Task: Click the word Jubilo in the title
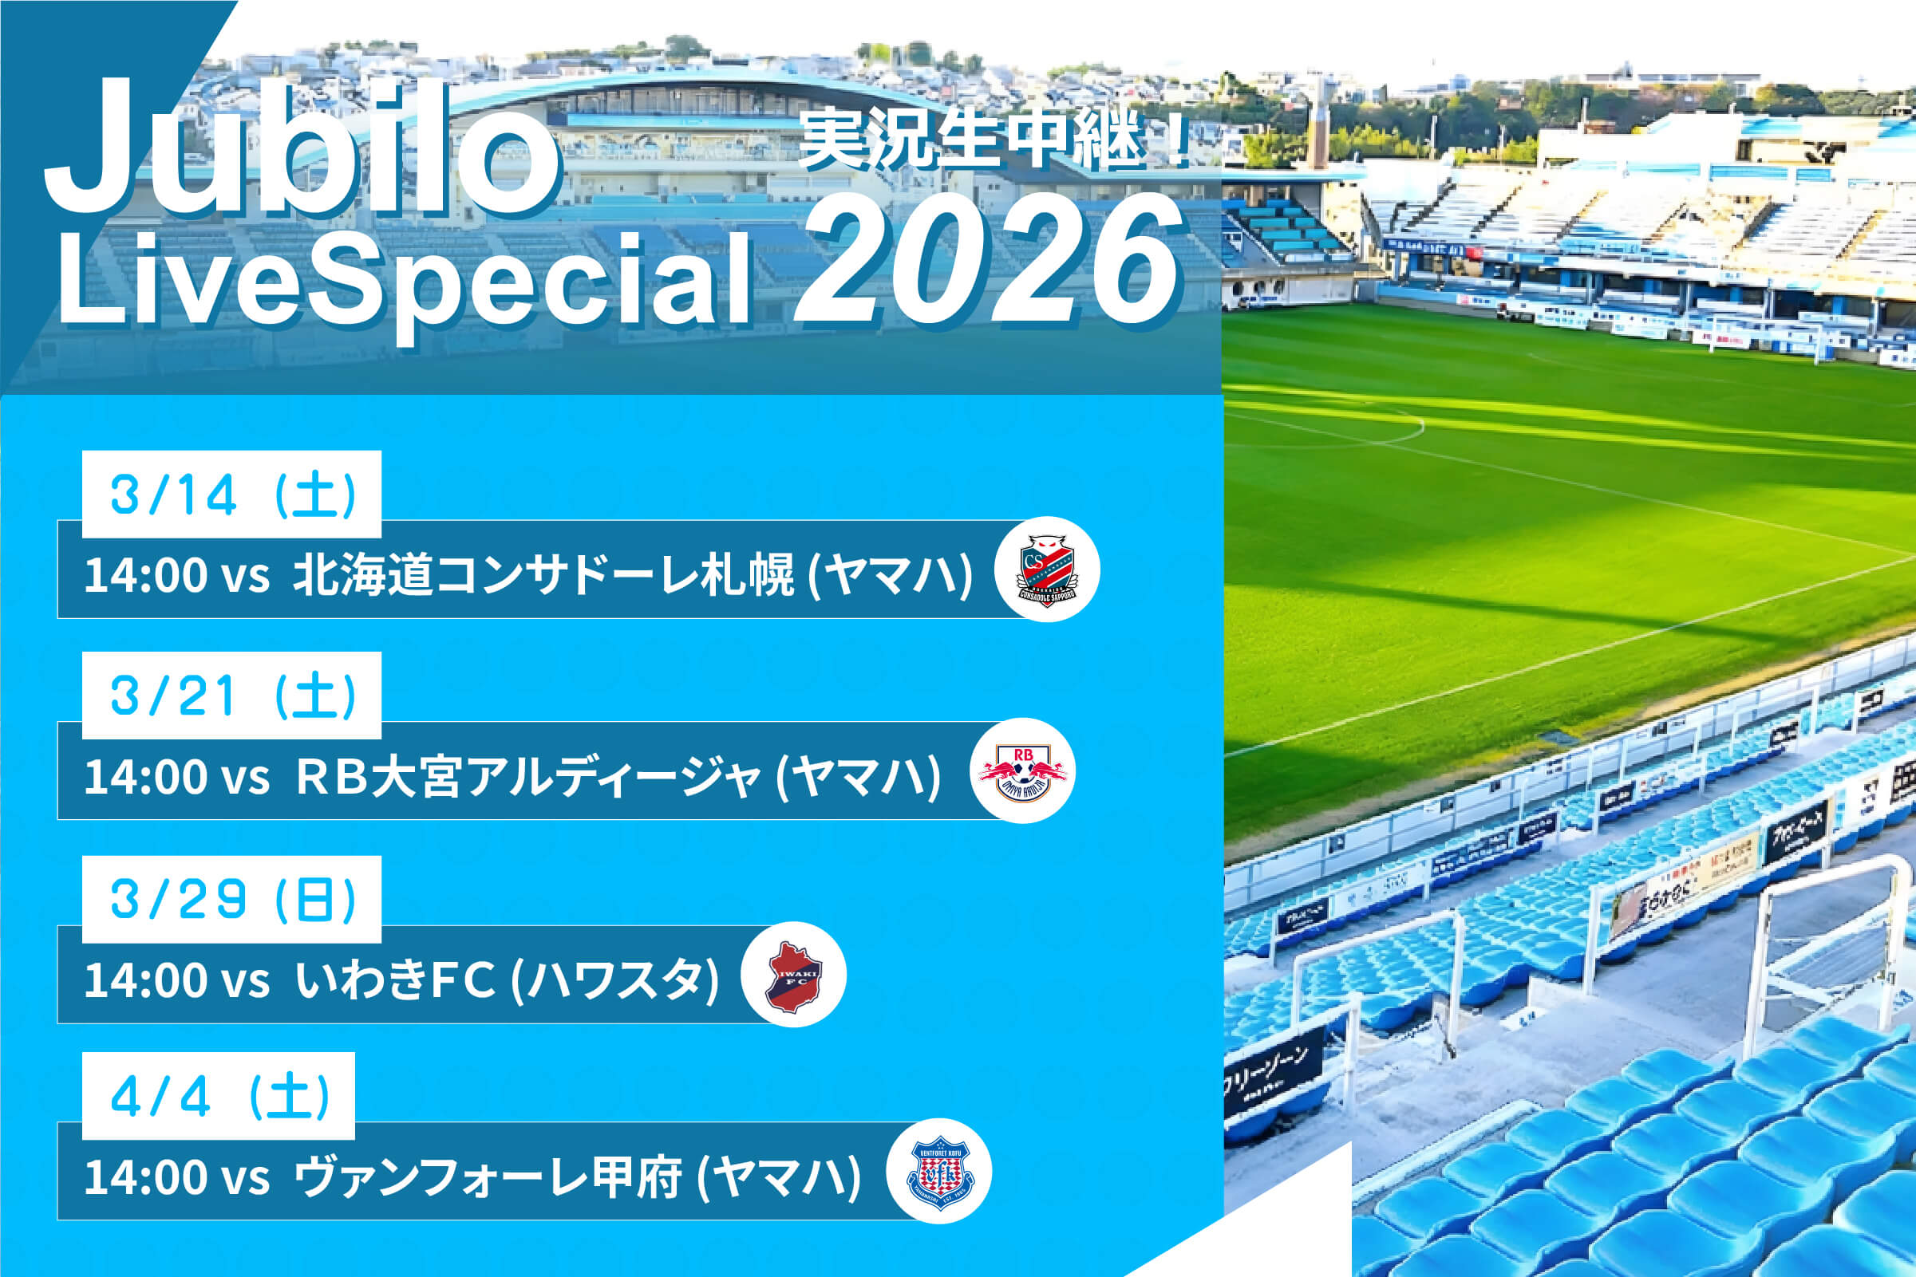click(x=302, y=151)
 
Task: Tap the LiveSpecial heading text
click(x=403, y=281)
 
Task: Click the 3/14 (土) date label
click(x=232, y=495)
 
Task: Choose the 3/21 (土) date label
click(x=232, y=696)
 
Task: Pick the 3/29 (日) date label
click(x=232, y=899)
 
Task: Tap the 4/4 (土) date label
click(x=219, y=1096)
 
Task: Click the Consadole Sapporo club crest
click(x=1047, y=570)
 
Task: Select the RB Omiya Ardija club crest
click(x=1022, y=771)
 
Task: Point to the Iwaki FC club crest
click(x=793, y=974)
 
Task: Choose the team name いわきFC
click(x=395, y=979)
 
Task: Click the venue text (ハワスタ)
click(x=615, y=979)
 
